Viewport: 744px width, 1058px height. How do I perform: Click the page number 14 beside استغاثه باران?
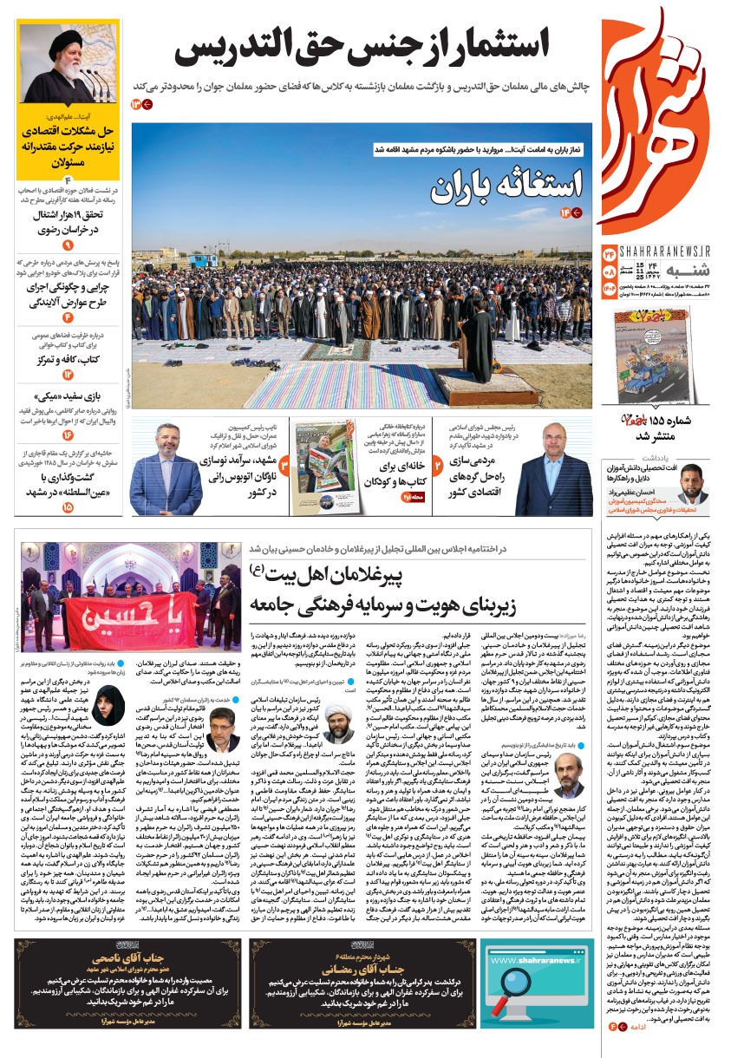tap(571, 212)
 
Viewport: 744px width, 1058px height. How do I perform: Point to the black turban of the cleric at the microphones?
tap(63, 39)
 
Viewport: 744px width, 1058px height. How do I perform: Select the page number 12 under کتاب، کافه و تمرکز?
tap(67, 375)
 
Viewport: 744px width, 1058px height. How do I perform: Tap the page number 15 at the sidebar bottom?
tap(67, 506)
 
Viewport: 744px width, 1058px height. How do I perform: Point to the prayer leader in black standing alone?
tap(476, 343)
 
